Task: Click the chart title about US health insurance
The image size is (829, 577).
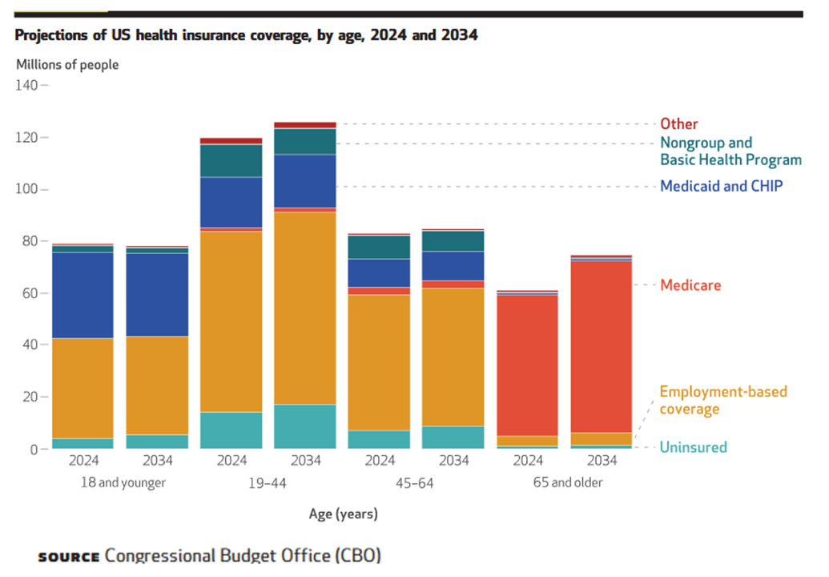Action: click(x=247, y=36)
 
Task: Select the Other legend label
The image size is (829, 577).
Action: click(x=678, y=124)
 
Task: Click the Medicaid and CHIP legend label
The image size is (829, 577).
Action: click(x=721, y=186)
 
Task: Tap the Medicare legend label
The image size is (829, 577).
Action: click(x=690, y=285)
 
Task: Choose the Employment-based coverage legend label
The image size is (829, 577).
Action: click(x=722, y=400)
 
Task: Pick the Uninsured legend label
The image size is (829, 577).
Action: click(x=693, y=447)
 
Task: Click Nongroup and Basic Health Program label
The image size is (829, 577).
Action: click(x=730, y=151)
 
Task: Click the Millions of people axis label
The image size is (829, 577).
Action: click(x=67, y=64)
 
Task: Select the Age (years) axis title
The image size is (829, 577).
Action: click(x=343, y=514)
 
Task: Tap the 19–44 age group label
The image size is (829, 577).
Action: click(x=268, y=482)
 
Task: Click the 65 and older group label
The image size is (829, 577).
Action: click(x=568, y=482)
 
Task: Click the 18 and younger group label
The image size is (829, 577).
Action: click(x=123, y=482)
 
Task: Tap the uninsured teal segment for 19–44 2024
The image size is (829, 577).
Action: click(x=231, y=430)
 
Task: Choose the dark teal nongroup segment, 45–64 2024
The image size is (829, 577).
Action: click(x=379, y=247)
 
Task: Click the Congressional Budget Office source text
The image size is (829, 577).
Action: click(x=243, y=555)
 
